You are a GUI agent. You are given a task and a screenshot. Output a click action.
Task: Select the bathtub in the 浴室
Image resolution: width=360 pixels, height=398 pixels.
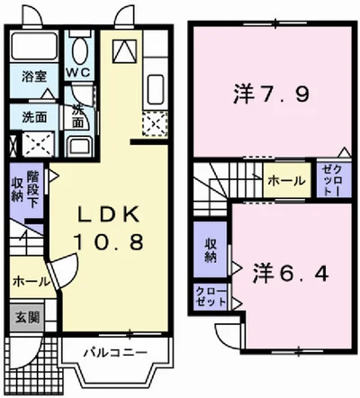point(37,50)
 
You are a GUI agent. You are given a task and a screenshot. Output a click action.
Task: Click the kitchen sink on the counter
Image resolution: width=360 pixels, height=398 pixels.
point(152,87)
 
